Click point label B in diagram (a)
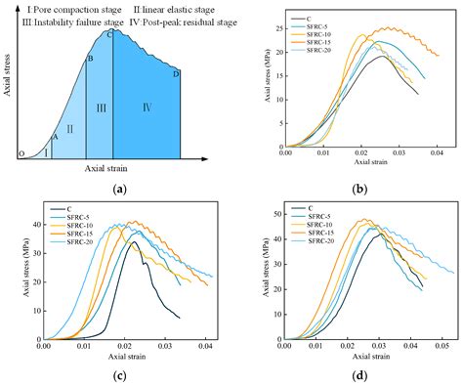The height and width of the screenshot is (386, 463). pos(90,60)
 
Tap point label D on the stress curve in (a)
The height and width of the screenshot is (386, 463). pos(176,73)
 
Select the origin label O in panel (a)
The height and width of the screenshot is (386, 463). pos(21,154)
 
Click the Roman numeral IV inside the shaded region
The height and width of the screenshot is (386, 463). pos(147,106)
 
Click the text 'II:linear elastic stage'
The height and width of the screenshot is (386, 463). pos(159,9)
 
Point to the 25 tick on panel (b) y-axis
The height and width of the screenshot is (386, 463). pos(271,31)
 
